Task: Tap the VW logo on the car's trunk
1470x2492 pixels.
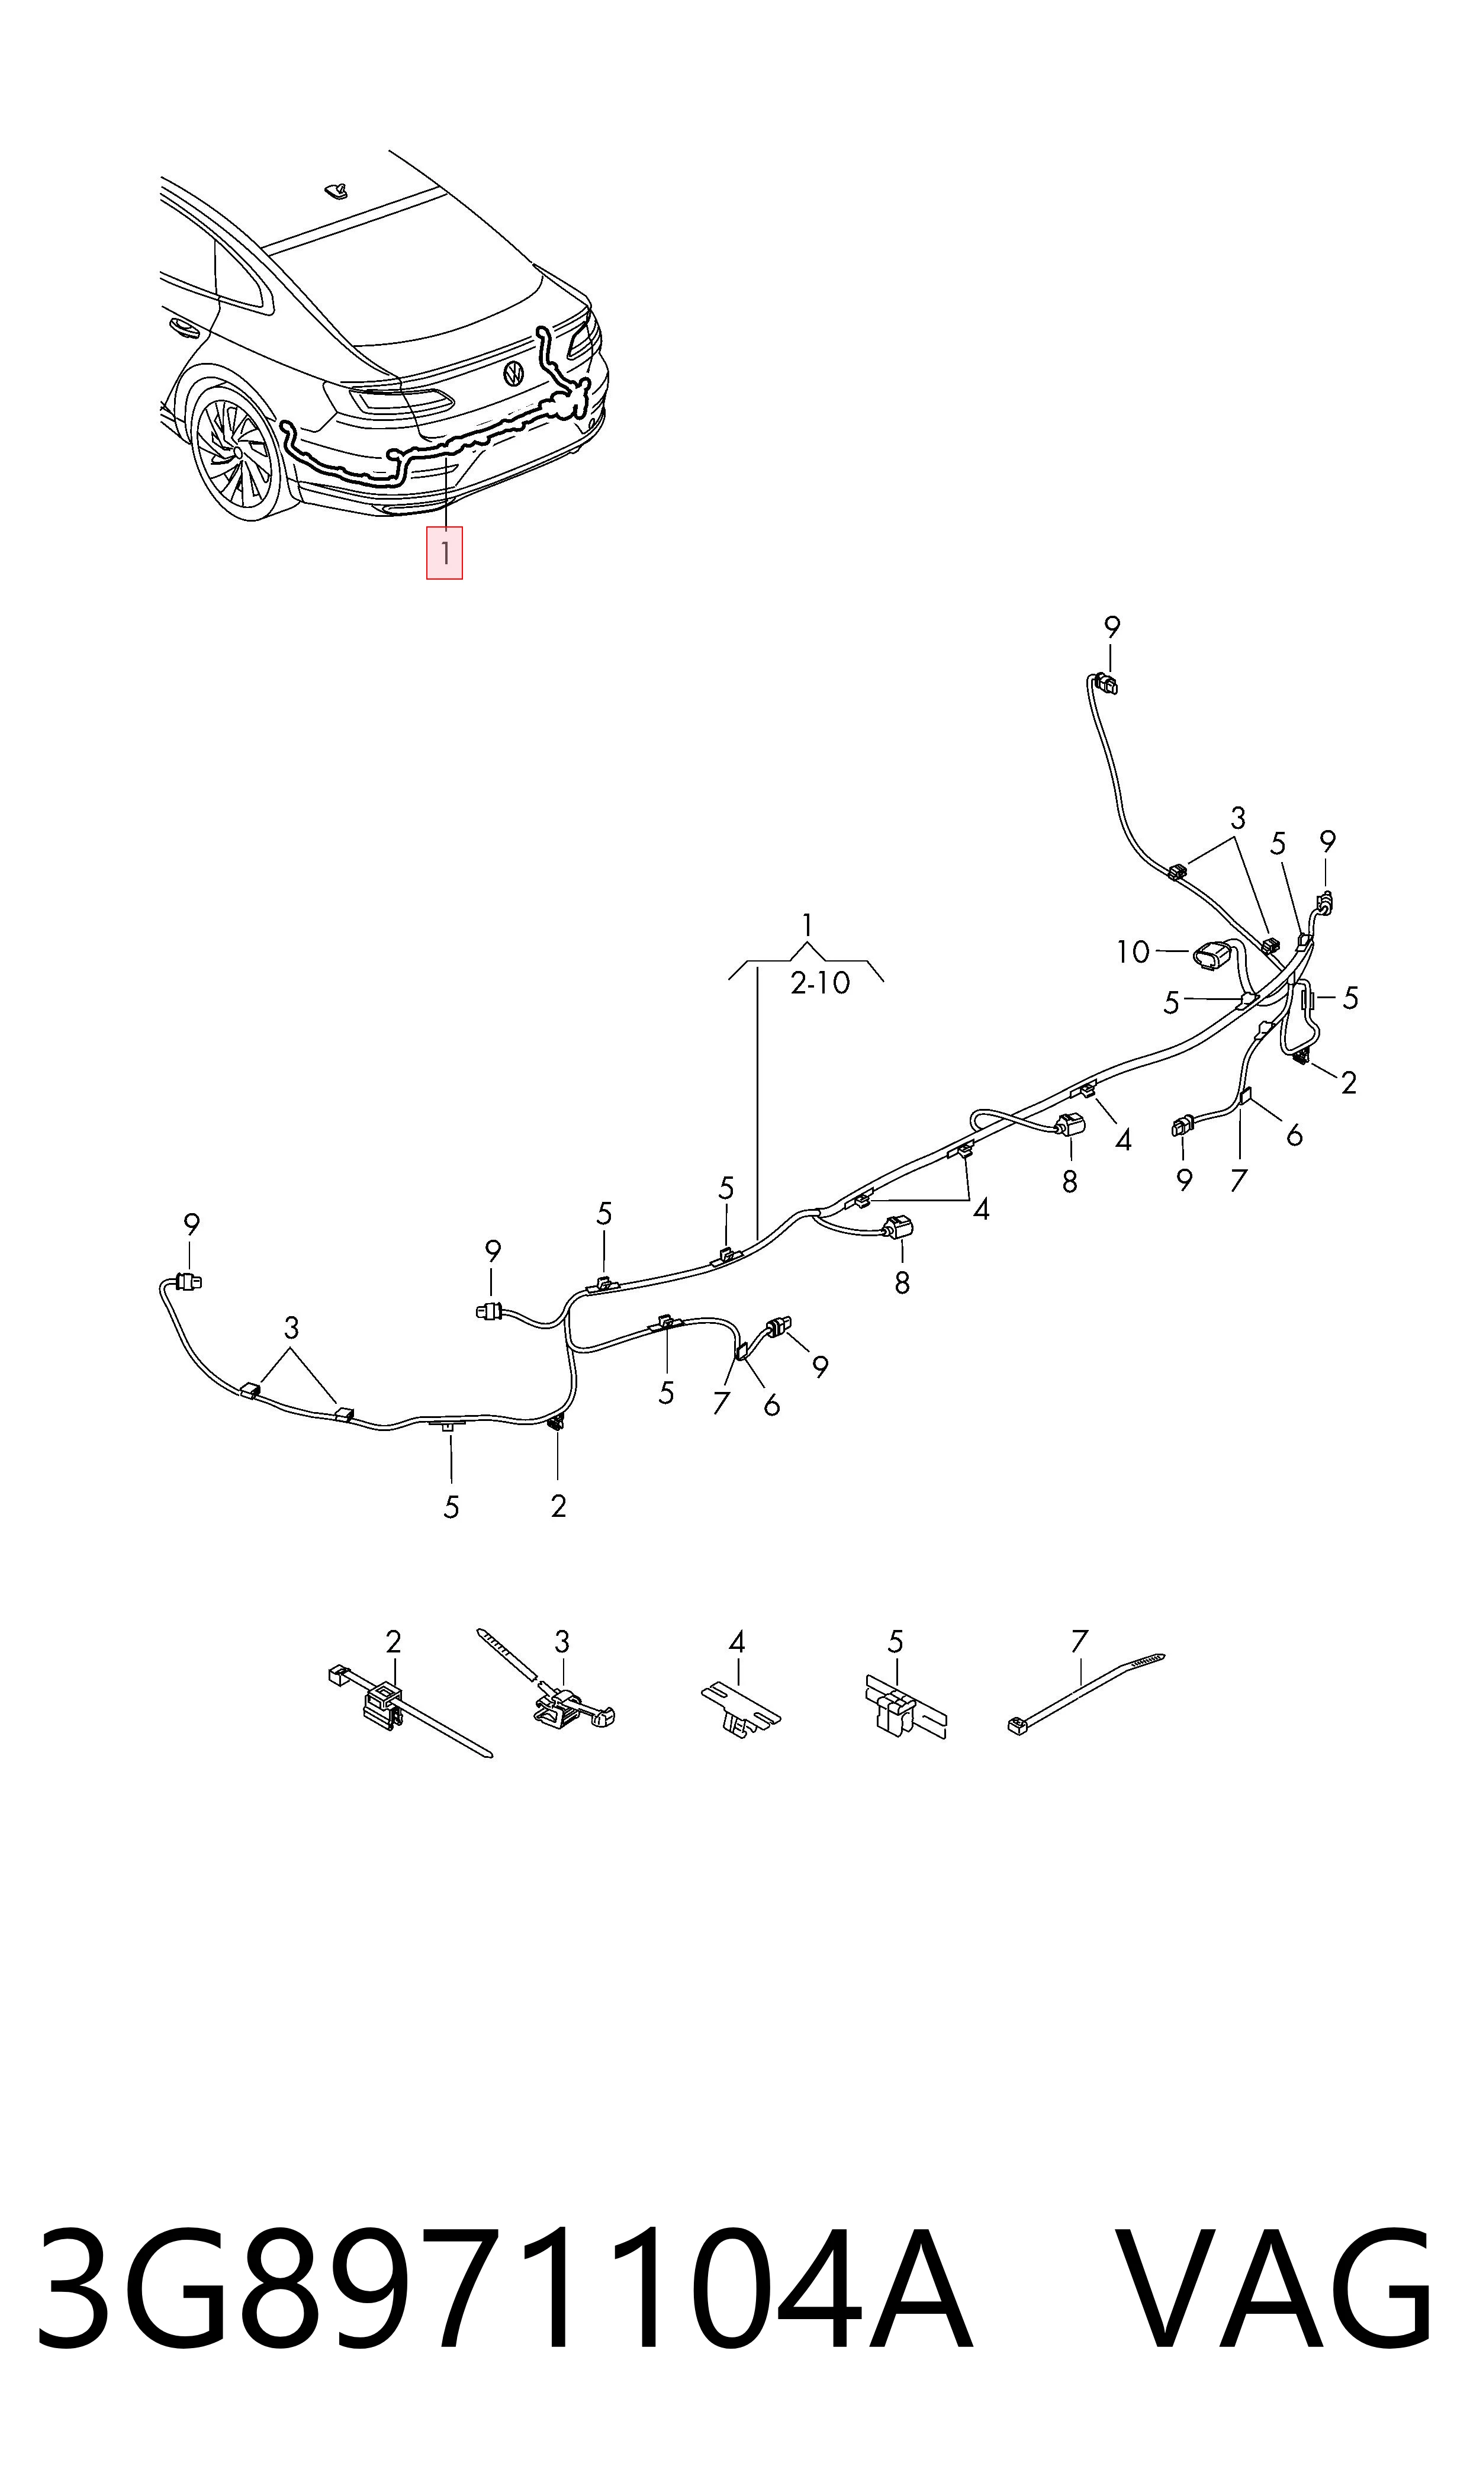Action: click(x=514, y=374)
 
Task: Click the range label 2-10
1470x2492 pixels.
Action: click(x=820, y=983)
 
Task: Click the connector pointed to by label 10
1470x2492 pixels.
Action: click(x=1214, y=957)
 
